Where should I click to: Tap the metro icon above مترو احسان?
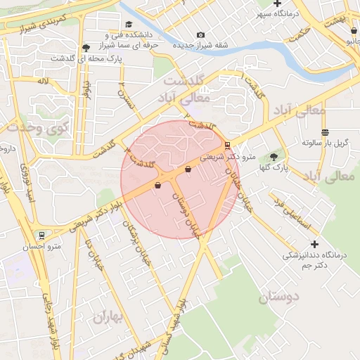pos(42,236)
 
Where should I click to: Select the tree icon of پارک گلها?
pos(274,157)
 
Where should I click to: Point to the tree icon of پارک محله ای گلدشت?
pos(86,48)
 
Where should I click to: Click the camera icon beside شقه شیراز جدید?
pos(201,35)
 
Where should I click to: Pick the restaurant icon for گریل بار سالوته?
pos(325,132)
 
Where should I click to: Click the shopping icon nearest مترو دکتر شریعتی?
pos(188,169)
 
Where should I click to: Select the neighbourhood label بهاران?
pos(107,318)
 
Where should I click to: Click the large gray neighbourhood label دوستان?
pos(279,297)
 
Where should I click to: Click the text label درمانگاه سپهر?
pos(294,13)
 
